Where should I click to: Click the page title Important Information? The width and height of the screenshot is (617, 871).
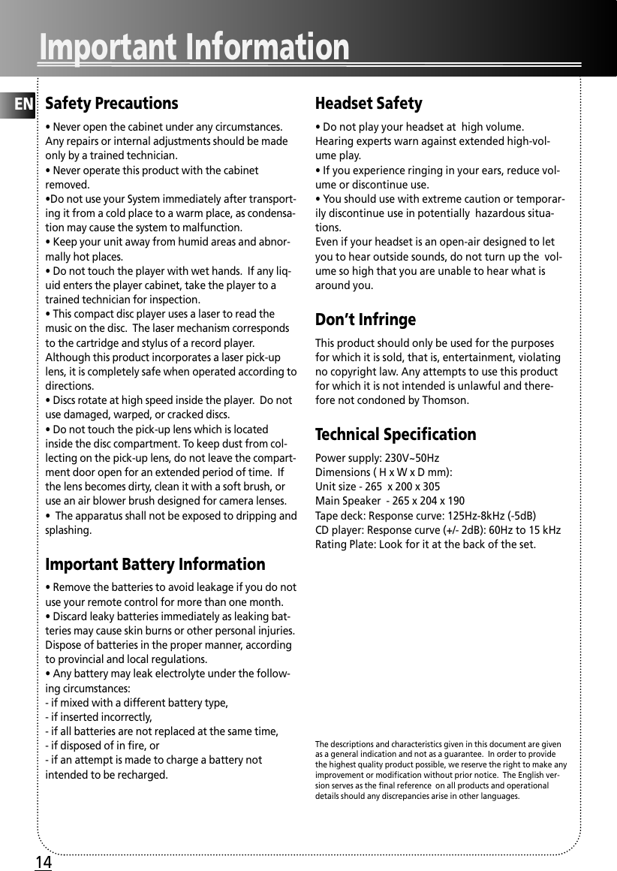(194, 47)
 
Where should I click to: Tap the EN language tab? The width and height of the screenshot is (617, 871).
(24, 104)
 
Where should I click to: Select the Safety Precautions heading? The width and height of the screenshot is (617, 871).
(112, 104)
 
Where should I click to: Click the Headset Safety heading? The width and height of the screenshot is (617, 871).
(369, 104)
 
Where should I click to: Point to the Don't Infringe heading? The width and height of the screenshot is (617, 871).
(366, 320)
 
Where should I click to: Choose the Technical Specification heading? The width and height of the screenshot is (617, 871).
(396, 435)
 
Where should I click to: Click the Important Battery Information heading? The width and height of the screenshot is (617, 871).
(155, 565)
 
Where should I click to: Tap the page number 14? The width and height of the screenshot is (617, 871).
(44, 863)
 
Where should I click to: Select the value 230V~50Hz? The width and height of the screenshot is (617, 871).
(411, 458)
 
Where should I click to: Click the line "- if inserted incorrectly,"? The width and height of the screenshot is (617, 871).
(99, 717)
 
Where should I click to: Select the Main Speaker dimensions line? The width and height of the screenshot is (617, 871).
(390, 501)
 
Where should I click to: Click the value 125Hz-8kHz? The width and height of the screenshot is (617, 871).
(469, 515)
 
